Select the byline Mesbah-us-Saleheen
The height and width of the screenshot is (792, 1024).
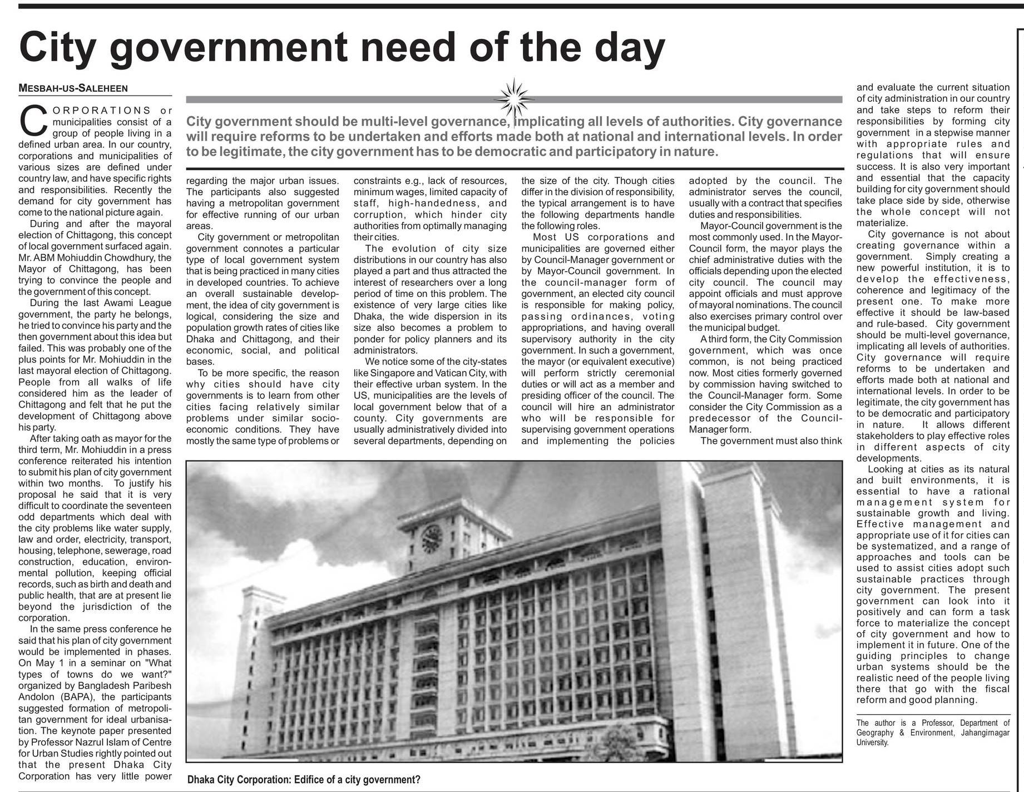pyautogui.click(x=73, y=88)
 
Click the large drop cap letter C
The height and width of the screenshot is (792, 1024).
pyautogui.click(x=32, y=121)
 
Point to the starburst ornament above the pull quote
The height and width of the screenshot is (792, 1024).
pyautogui.click(x=513, y=98)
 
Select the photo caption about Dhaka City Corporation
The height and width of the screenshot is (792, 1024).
pyautogui.click(x=304, y=780)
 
